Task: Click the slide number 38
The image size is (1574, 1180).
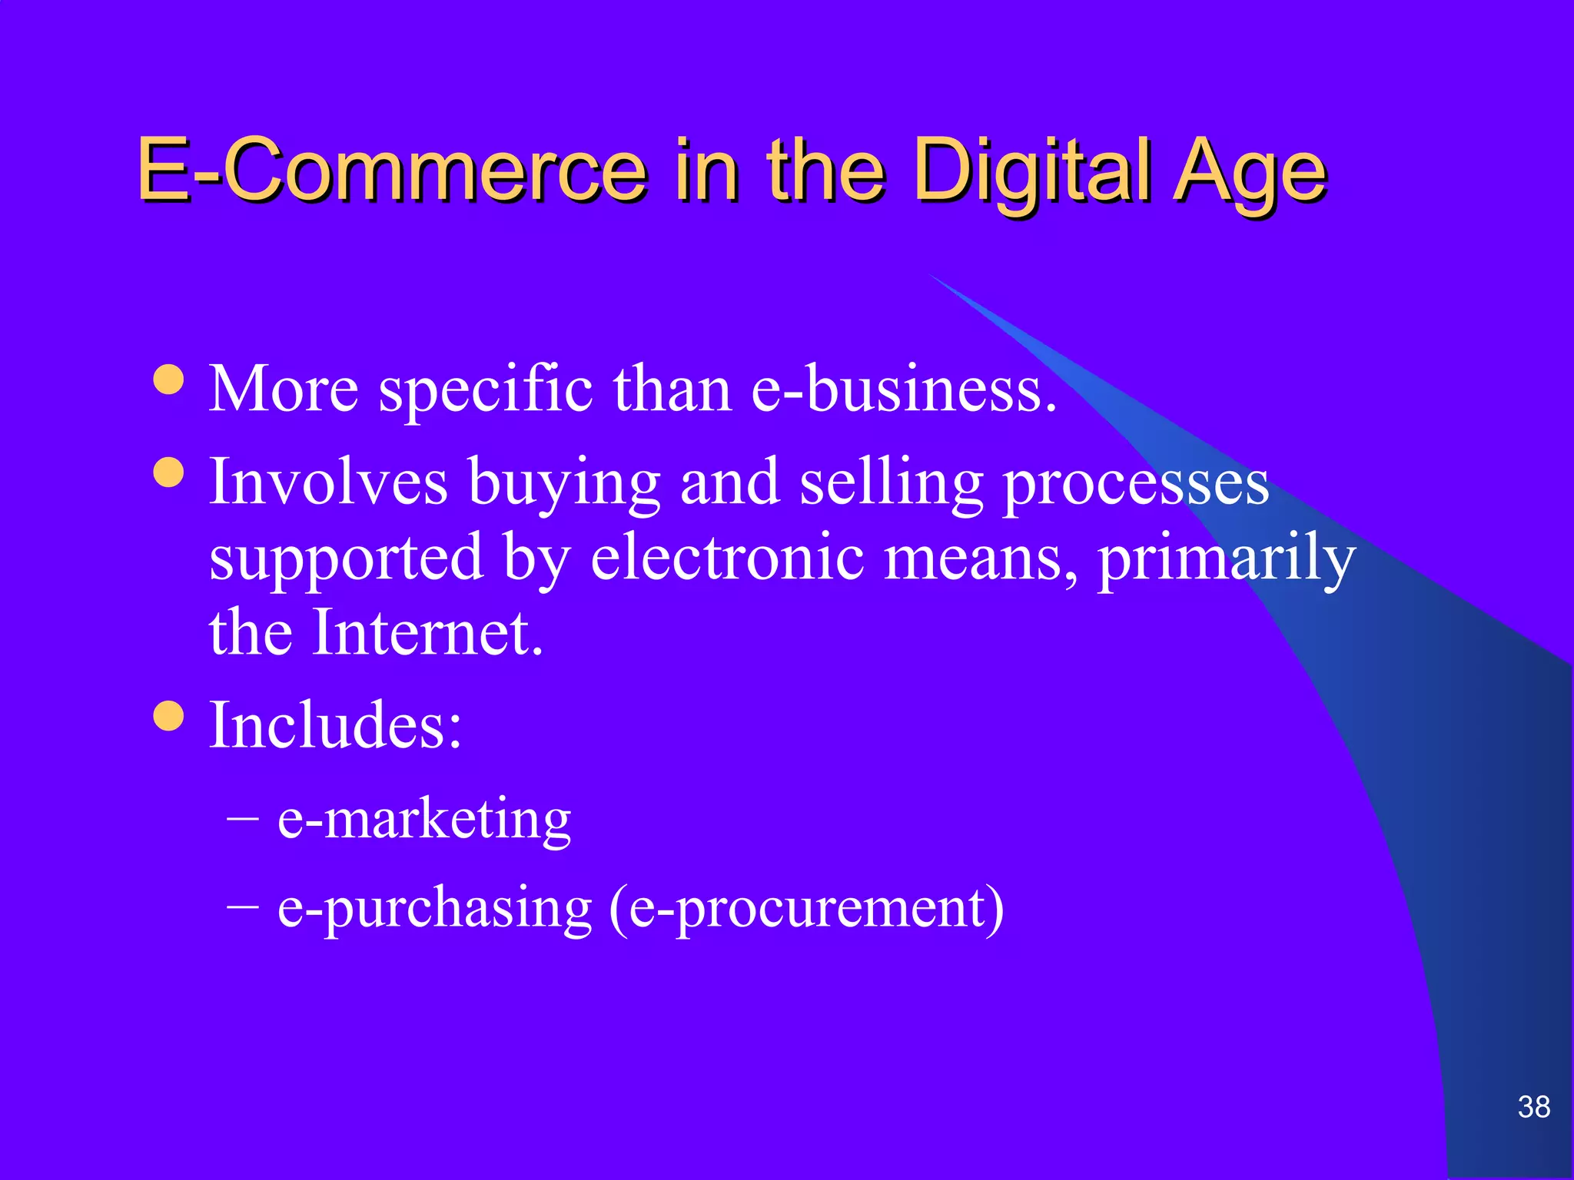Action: click(x=1533, y=1107)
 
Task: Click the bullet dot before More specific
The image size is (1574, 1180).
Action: click(x=168, y=379)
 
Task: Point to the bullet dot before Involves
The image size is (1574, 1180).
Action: click(x=168, y=472)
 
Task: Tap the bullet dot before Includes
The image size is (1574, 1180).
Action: click(x=168, y=715)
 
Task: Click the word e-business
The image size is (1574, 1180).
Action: click(x=903, y=389)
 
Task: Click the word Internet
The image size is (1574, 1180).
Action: click(x=427, y=632)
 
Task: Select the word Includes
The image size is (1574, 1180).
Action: click(x=335, y=724)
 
